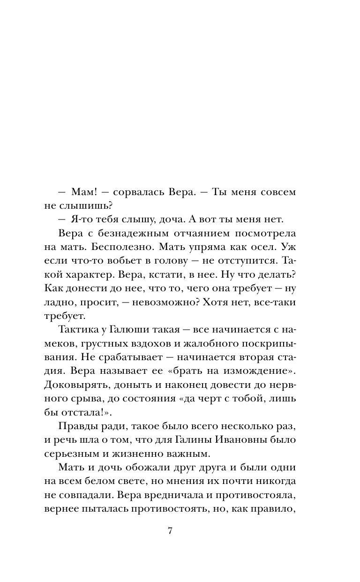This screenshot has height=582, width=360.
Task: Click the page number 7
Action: pyautogui.click(x=170, y=531)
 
